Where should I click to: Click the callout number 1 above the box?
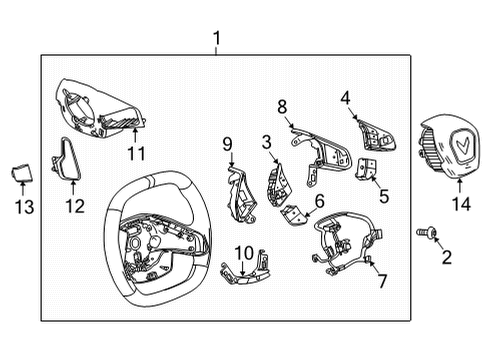(x=217, y=40)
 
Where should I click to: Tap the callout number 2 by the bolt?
(x=447, y=256)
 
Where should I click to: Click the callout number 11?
(x=136, y=152)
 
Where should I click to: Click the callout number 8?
(x=282, y=106)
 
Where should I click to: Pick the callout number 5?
(x=382, y=196)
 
